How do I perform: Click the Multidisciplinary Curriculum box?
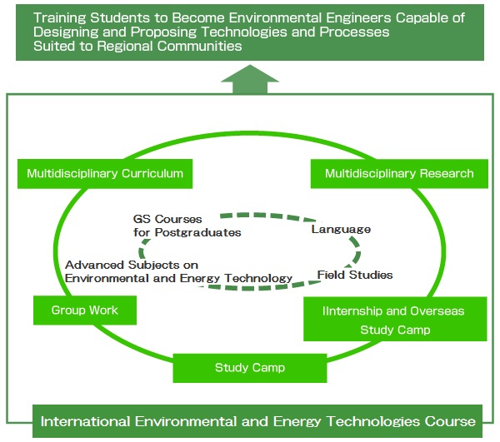pyautogui.click(x=105, y=174)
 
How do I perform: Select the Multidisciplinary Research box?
pyautogui.click(x=399, y=174)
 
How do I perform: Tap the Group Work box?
pyautogui.click(x=85, y=310)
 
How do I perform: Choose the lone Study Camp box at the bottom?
pyautogui.click(x=250, y=368)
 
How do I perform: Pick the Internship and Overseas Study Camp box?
pyautogui.click(x=395, y=319)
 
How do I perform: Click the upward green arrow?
pyautogui.click(x=250, y=79)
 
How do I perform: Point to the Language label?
pyautogui.click(x=341, y=230)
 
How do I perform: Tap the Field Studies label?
pyautogui.click(x=355, y=275)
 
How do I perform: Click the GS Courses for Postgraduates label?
pyautogui.click(x=187, y=226)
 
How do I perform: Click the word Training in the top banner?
pyautogui.click(x=60, y=18)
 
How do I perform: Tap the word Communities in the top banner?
pyautogui.click(x=199, y=46)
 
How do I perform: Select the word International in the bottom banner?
pyautogui.click(x=85, y=422)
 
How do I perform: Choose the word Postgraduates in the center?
pyautogui.click(x=197, y=233)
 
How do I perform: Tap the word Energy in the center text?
pyautogui.click(x=200, y=279)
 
